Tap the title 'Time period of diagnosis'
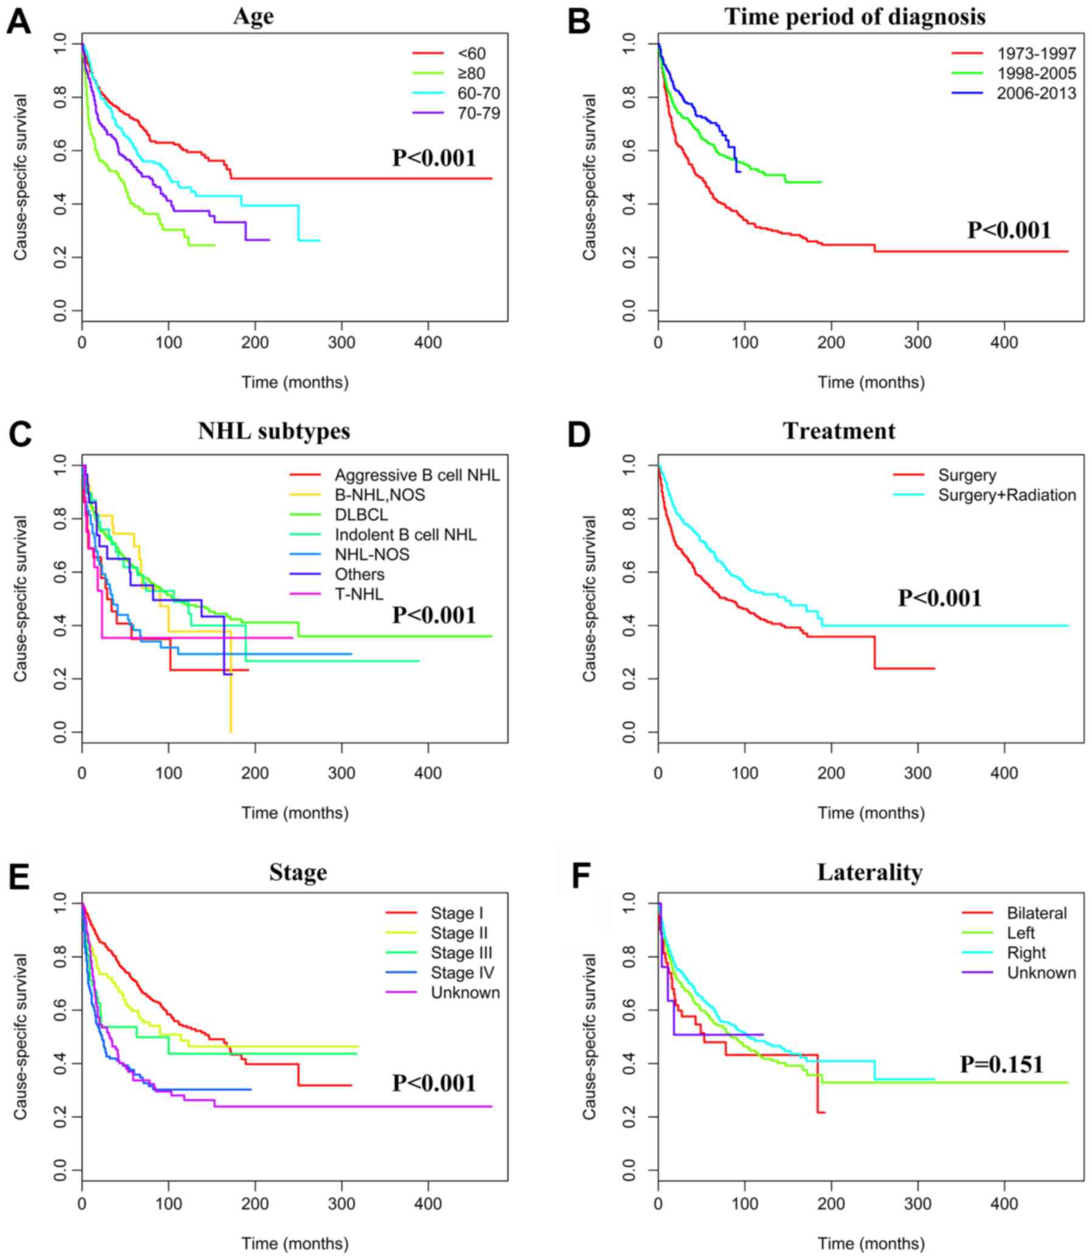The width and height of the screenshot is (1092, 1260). [x=854, y=16]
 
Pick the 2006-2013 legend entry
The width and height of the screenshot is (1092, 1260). [x=1037, y=93]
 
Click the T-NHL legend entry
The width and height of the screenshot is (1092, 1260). [x=359, y=593]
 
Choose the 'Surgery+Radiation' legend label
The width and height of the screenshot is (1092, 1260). [x=1007, y=495]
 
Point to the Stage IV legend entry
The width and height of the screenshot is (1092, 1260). [x=462, y=972]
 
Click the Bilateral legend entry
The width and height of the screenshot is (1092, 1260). [x=1037, y=913]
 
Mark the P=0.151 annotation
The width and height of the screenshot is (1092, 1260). [x=1002, y=1065]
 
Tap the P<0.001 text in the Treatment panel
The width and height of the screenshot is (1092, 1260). [x=940, y=598]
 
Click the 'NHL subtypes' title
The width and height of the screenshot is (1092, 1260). [x=274, y=431]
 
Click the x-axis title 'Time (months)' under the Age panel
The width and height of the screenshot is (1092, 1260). [x=295, y=382]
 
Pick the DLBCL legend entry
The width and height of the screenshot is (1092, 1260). [x=361, y=514]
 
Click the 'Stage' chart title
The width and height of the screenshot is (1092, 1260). [x=298, y=872]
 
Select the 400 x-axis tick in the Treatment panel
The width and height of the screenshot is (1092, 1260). [x=1004, y=773]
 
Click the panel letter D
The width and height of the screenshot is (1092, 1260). [x=579, y=434]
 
